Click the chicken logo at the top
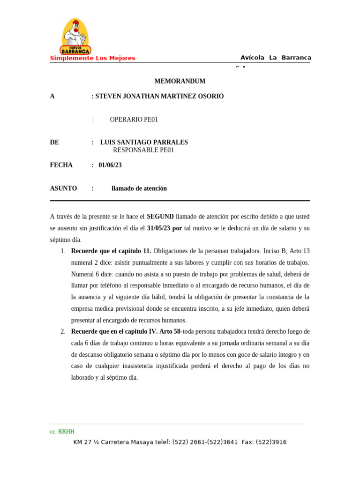[x=75, y=37]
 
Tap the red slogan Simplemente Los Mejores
[x=92, y=58]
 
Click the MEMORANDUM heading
[x=180, y=81]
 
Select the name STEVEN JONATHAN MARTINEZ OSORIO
[x=159, y=96]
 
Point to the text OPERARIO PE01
[x=134, y=120]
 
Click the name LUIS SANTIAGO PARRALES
[x=144, y=142]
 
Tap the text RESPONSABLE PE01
[x=143, y=150]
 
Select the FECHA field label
[x=61, y=165]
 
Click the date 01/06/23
[x=110, y=165]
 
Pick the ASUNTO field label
[x=63, y=188]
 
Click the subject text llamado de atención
[x=139, y=188]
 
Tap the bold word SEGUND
[x=160, y=217]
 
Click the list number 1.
[x=63, y=251]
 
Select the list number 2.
[x=63, y=332]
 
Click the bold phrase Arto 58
[x=170, y=332]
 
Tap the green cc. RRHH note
[x=62, y=432]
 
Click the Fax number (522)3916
[x=272, y=442]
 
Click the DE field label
[x=54, y=142]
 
